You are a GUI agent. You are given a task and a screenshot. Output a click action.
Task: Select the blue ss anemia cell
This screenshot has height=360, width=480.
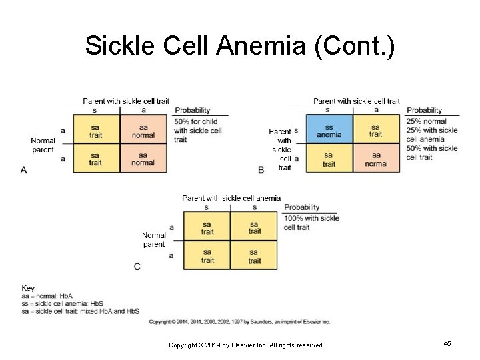click(329, 131)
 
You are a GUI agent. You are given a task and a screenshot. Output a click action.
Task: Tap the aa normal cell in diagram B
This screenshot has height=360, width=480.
click(376, 159)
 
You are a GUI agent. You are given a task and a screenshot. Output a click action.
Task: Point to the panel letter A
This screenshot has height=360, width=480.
click(24, 171)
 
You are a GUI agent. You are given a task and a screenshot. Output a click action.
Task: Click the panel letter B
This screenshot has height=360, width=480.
click(261, 170)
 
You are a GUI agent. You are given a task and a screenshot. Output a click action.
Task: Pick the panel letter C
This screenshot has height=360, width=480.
click(137, 266)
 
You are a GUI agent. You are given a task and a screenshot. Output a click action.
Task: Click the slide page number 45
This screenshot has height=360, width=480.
click(447, 343)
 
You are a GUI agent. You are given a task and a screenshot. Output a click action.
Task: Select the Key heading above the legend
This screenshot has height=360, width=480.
click(28, 288)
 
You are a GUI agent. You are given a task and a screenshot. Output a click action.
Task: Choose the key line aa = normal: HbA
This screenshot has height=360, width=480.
click(47, 296)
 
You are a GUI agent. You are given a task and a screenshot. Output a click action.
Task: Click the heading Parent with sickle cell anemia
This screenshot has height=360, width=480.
click(231, 198)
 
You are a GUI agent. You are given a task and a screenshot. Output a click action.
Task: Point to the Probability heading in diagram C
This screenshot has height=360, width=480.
click(301, 207)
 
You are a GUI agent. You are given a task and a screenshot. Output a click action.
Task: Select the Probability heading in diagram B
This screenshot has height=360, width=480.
click(424, 111)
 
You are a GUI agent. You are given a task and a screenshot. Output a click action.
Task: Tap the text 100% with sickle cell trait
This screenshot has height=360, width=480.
click(311, 223)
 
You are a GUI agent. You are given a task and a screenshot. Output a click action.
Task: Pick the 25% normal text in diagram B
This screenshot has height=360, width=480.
click(427, 122)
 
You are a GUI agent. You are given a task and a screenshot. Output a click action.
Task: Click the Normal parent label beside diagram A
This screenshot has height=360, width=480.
click(43, 145)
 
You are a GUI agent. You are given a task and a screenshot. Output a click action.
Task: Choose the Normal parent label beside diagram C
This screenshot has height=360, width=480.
click(154, 240)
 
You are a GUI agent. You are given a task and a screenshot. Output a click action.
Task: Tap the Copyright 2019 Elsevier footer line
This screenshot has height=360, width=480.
click(246, 345)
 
